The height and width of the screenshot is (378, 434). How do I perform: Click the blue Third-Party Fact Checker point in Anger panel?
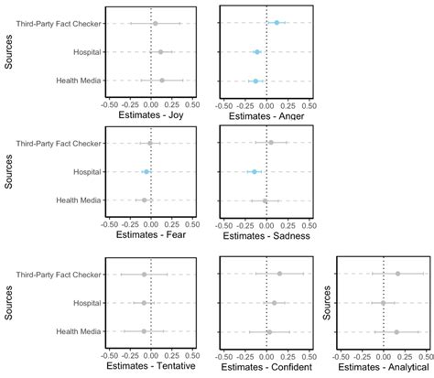click(277, 22)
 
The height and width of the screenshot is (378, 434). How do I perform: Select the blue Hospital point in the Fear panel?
click(146, 171)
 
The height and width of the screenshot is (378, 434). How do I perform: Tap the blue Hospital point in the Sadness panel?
click(254, 171)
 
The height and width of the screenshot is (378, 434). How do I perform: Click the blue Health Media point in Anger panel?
click(255, 81)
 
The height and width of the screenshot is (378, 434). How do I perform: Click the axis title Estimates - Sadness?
click(266, 236)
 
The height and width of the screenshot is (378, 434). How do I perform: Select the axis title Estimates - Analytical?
click(383, 367)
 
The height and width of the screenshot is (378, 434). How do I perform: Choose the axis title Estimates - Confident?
click(266, 367)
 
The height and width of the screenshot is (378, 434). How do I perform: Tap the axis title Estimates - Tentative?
click(149, 367)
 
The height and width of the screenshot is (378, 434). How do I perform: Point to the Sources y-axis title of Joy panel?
click(8, 52)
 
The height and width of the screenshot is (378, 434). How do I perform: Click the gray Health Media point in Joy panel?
click(162, 81)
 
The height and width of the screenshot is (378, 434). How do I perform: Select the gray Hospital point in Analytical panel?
click(383, 303)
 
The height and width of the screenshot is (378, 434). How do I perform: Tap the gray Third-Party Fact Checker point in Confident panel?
click(279, 274)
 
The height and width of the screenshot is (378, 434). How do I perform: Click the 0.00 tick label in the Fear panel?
click(151, 223)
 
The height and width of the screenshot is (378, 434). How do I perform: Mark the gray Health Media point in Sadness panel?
click(266, 200)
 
